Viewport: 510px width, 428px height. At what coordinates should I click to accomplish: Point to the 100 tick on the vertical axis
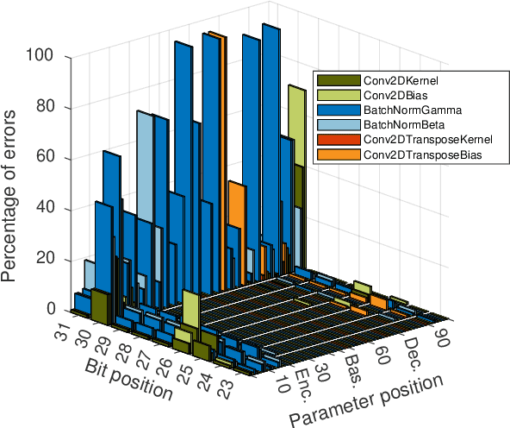(x=44, y=57)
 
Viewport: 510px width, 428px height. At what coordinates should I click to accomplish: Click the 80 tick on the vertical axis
(x=47, y=108)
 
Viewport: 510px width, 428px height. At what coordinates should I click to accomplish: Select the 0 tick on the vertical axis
(x=51, y=310)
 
